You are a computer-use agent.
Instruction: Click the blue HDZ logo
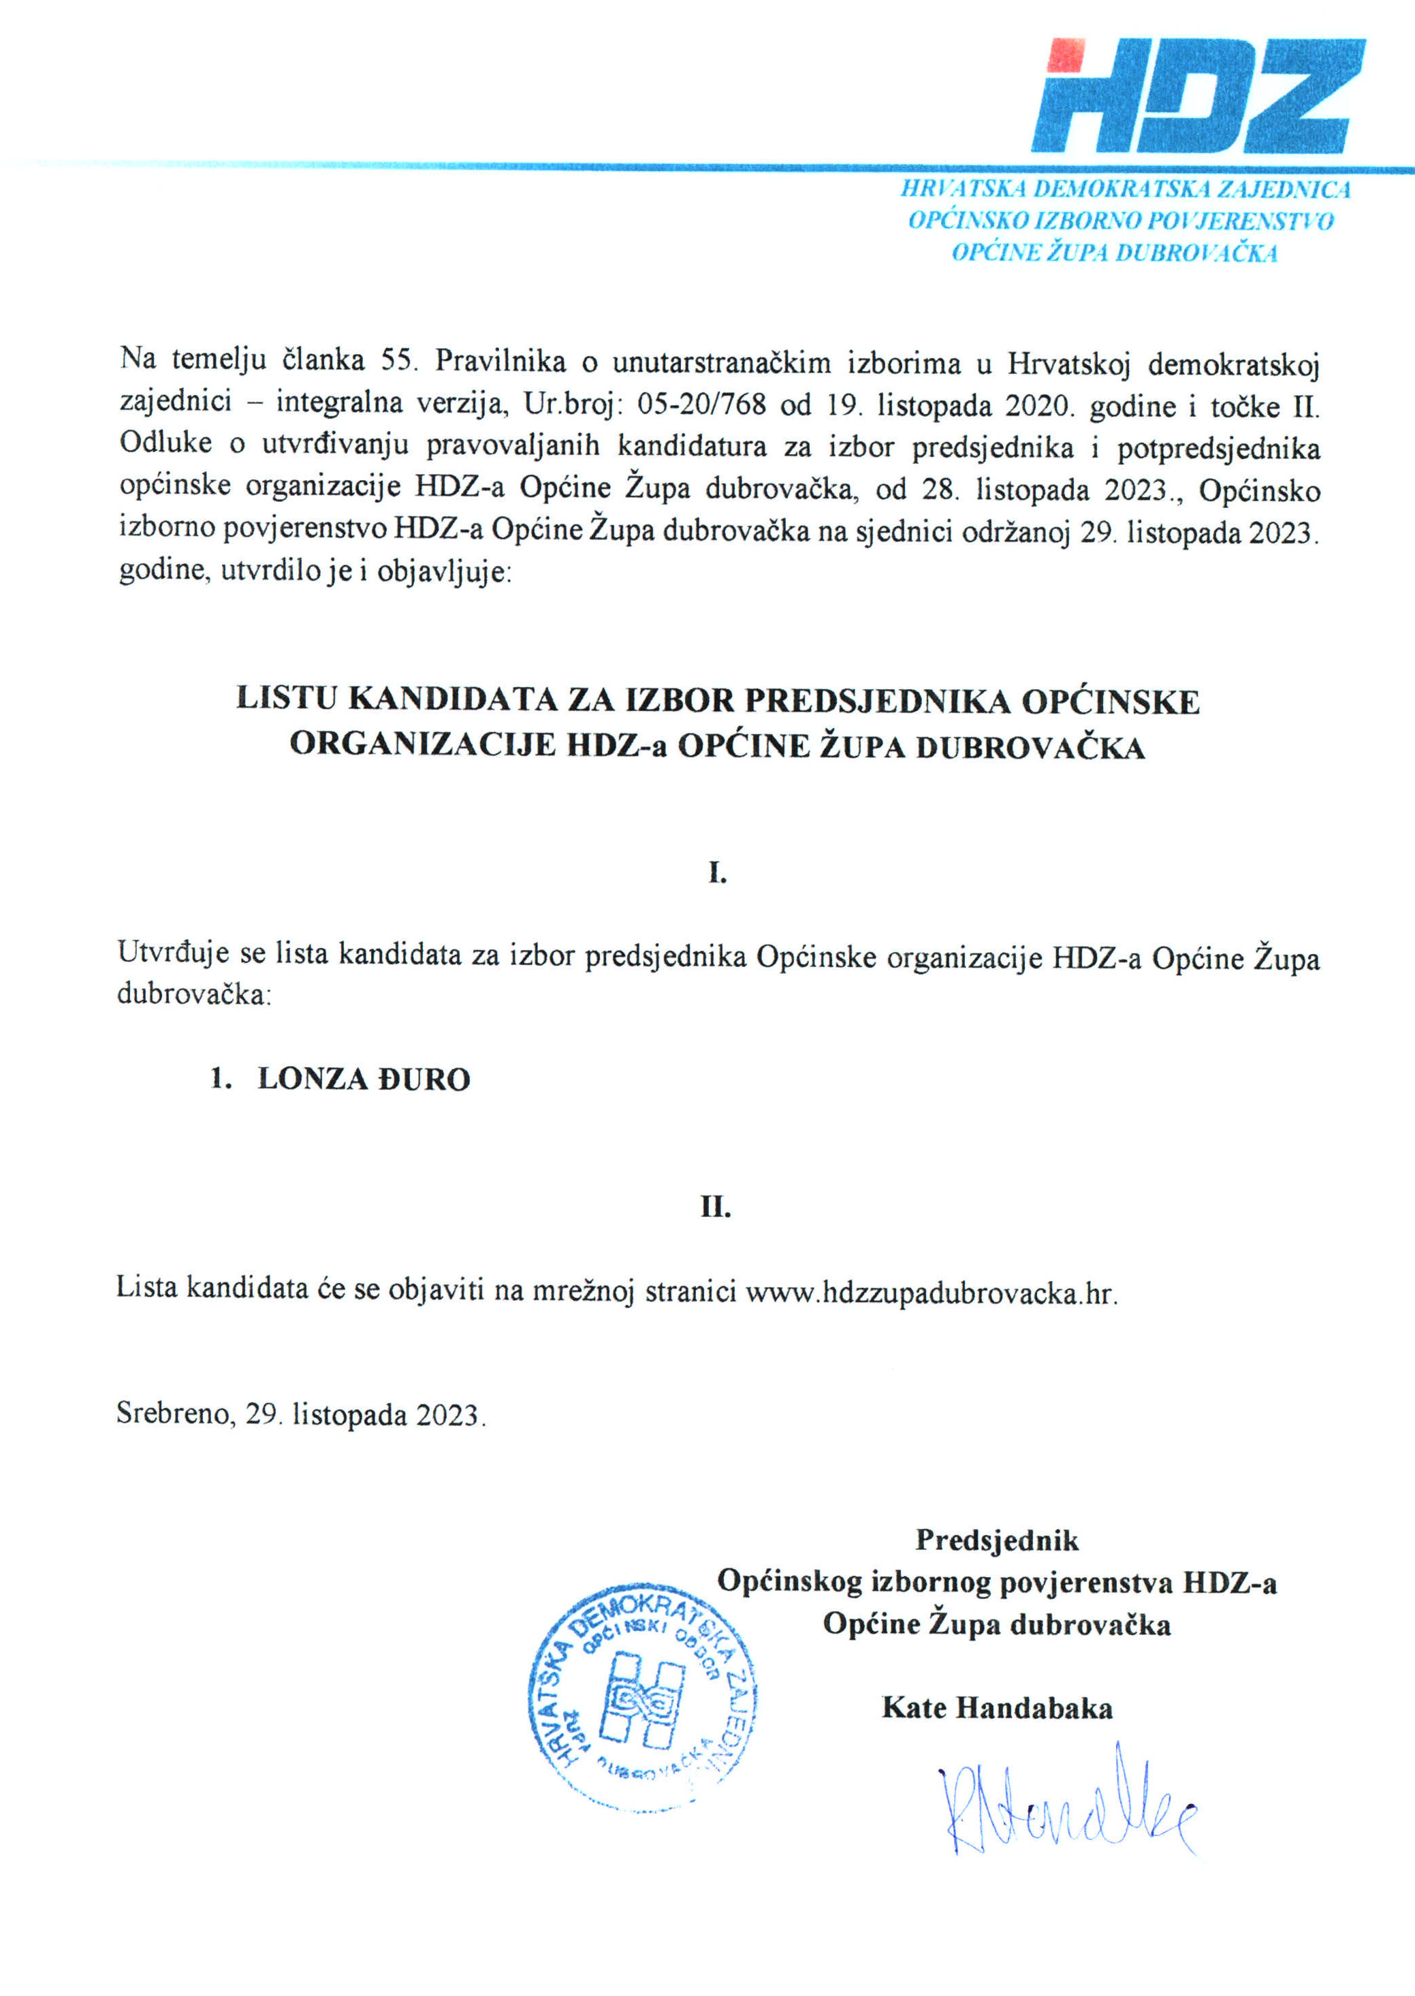coord(1198,96)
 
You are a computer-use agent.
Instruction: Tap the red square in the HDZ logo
coord(1066,55)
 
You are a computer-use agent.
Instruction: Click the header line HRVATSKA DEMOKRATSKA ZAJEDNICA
coord(1126,189)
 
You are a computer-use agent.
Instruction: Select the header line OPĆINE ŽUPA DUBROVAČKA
coord(1115,253)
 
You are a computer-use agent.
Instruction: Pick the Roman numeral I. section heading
coord(717,872)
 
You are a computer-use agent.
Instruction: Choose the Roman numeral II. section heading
coord(716,1207)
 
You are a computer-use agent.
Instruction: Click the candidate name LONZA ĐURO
coord(364,1079)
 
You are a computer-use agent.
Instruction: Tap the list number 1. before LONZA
coord(221,1079)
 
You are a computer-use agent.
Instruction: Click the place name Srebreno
coord(174,1413)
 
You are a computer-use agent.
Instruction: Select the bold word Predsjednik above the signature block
coord(997,1540)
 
